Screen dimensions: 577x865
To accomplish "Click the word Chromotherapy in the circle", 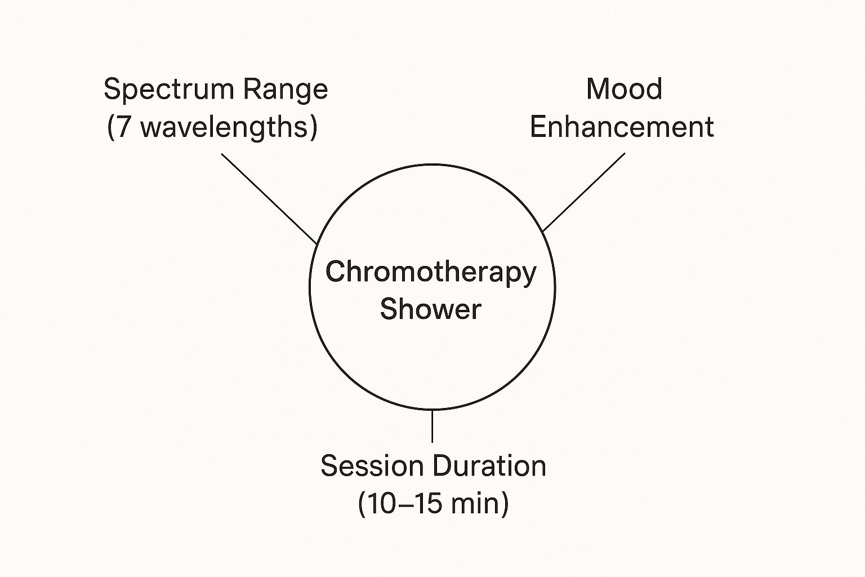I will pos(431,273).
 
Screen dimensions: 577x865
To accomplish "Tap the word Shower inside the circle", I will pos(431,309).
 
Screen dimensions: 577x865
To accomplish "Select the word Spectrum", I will pos(168,90).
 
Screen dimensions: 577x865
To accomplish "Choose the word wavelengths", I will pos(223,127).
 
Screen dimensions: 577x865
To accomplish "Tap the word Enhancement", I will pos(622,127).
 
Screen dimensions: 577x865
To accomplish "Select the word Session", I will pos(372,466).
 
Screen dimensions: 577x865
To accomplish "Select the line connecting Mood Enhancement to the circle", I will pos(583,192).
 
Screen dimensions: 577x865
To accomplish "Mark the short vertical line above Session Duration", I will pos(432,427).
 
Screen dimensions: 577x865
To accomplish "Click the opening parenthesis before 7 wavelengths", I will pos(111,127).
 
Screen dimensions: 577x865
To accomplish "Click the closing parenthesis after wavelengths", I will pos(313,127).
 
